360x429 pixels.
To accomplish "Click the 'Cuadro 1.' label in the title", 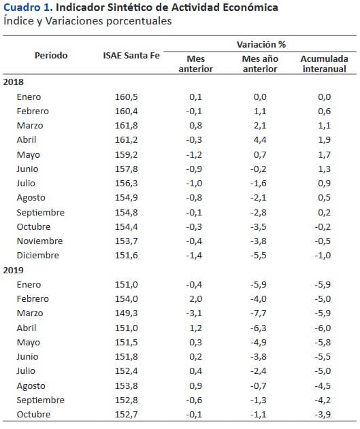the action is [x=28, y=7].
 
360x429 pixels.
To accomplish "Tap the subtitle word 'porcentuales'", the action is [x=139, y=21].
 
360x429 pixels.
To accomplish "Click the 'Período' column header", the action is [x=51, y=56].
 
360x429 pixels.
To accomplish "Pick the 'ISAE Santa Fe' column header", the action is [x=131, y=56].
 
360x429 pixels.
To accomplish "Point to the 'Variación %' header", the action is [x=261, y=44].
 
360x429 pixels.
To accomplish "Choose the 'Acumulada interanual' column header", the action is [x=325, y=64].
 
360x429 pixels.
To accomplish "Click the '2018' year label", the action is [x=14, y=82].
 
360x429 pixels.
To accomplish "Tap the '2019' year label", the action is [x=14, y=270].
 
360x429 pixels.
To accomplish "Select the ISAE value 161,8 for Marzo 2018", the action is [x=126, y=126].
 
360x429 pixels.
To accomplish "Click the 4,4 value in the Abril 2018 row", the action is [x=260, y=140].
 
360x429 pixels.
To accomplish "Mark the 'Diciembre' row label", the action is [x=38, y=255].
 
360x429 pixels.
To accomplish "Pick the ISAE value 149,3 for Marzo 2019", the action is [x=126, y=313].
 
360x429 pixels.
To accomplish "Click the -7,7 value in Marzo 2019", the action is [x=258, y=313].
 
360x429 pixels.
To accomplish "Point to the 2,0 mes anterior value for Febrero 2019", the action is [x=195, y=298].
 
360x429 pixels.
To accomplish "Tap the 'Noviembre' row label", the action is [x=39, y=241].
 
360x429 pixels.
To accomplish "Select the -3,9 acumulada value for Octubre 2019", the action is [x=323, y=414].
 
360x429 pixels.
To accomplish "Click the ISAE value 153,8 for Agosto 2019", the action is [x=126, y=385].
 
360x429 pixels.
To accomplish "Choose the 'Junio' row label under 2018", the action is [x=27, y=169].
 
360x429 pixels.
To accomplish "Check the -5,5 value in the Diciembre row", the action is [x=258, y=255].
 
